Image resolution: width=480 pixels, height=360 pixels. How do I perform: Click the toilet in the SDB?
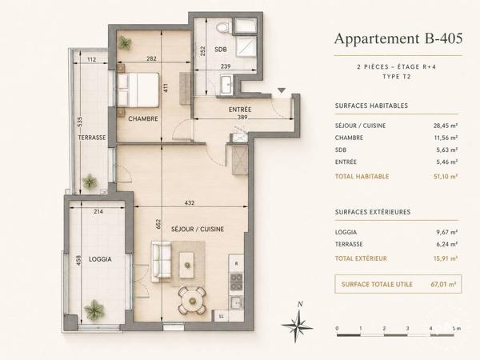tap(224, 26)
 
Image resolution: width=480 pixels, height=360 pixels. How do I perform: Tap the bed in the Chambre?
tap(138, 90)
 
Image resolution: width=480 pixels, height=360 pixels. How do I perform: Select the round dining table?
tap(192, 301)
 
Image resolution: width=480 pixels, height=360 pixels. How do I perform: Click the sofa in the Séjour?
tap(161, 261)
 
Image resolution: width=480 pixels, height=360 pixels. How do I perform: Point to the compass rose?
tap(297, 323)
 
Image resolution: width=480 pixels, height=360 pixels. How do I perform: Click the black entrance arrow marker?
tap(282, 90)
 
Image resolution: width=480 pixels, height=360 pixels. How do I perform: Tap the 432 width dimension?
tap(190, 202)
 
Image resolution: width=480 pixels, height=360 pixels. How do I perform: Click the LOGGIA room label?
tap(100, 259)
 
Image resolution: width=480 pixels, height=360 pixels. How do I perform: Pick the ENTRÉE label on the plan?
tap(240, 110)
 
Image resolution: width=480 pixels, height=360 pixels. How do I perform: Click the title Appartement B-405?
tap(398, 38)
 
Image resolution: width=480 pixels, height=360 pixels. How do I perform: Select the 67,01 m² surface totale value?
tap(443, 284)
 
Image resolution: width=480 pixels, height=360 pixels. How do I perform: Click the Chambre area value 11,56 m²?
tap(446, 138)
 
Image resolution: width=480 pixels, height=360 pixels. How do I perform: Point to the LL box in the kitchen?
tap(222, 316)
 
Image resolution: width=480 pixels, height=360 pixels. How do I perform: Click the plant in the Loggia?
tap(94, 310)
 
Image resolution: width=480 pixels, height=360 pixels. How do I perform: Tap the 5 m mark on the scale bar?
tap(457, 329)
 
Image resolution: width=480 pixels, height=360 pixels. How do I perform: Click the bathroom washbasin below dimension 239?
tap(226, 84)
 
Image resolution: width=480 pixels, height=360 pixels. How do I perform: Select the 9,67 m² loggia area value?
tap(447, 232)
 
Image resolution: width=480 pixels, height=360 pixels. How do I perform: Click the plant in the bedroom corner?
tap(125, 43)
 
